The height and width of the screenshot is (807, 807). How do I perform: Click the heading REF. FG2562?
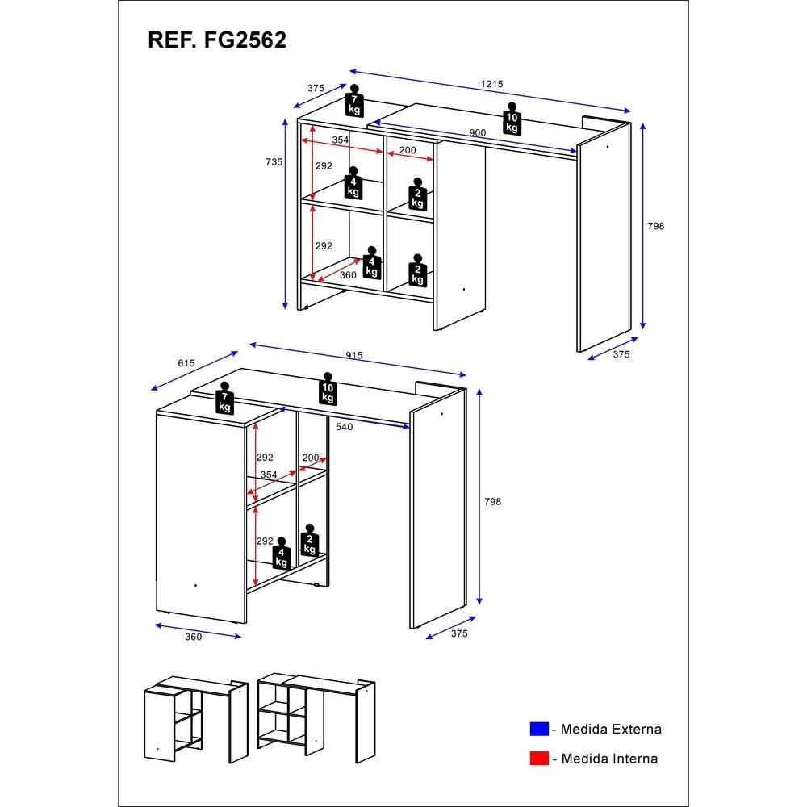pyautogui.click(x=217, y=41)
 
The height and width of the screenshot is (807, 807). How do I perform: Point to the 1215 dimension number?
pyautogui.click(x=491, y=85)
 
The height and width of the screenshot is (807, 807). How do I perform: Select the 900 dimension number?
pyautogui.click(x=477, y=133)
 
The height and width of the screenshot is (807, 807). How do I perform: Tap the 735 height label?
pyautogui.click(x=274, y=162)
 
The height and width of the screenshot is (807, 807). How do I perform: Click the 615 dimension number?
pyautogui.click(x=186, y=364)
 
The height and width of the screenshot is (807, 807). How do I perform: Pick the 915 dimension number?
pyautogui.click(x=353, y=356)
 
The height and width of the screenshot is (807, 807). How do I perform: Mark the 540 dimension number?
pyautogui.click(x=345, y=427)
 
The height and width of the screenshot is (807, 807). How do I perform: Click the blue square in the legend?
pyautogui.click(x=539, y=730)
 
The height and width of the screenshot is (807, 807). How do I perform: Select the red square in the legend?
pyautogui.click(x=539, y=759)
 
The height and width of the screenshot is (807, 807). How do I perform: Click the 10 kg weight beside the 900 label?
pyautogui.click(x=512, y=119)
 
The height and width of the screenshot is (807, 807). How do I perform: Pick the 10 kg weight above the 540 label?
pyautogui.click(x=328, y=389)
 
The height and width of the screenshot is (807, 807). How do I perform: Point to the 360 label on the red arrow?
pyautogui.click(x=348, y=276)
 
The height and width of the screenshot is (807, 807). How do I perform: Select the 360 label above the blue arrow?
pyautogui.click(x=192, y=638)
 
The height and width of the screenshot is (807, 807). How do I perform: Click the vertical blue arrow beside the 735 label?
pyautogui.click(x=286, y=214)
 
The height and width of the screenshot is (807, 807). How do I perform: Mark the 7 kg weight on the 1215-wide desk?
pyautogui.click(x=354, y=100)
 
